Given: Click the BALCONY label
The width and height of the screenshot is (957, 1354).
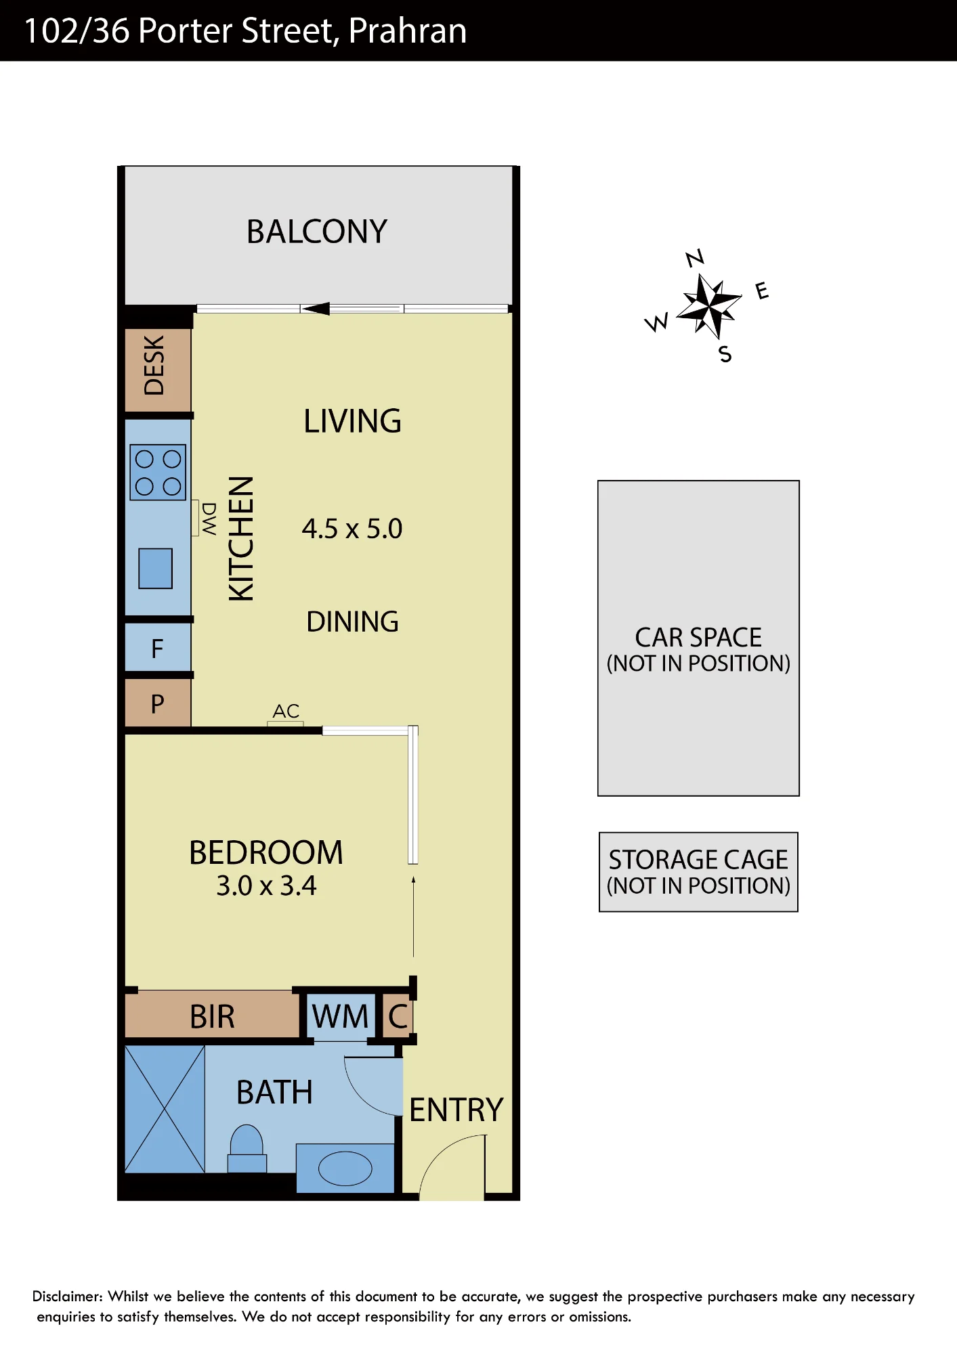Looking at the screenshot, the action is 317,232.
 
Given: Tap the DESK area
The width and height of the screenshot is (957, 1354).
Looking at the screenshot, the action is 158,370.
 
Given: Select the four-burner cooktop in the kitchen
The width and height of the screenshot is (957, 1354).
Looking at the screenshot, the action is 158,472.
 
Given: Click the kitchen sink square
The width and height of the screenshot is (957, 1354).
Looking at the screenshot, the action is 156,568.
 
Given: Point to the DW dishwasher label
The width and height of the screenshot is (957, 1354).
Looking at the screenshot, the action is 209,519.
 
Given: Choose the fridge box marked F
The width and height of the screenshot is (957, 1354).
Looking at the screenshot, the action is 158,648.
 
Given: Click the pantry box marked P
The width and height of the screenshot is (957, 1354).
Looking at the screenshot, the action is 158,703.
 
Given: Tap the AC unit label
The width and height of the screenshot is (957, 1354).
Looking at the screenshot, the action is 286,711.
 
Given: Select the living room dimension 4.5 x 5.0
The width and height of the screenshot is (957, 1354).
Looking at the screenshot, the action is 352,529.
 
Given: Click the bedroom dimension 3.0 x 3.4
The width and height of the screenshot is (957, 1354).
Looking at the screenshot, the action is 266,886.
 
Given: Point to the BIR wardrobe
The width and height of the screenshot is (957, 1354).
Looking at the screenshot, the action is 212,1016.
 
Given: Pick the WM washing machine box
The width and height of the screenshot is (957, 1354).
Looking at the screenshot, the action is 340,1016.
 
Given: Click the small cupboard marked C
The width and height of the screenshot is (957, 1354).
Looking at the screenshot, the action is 398,1016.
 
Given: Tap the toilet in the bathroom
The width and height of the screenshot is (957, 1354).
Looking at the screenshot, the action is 247,1148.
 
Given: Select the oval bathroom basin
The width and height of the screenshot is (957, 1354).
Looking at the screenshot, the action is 345,1169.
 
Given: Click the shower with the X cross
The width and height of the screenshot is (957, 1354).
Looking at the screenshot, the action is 165,1109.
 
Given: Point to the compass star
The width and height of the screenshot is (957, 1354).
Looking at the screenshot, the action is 708,306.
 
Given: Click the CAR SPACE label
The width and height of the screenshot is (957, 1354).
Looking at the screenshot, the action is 698,638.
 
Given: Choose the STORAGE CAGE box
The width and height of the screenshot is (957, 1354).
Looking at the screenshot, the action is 698,872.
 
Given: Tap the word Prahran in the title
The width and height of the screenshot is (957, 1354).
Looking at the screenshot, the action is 408,31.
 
